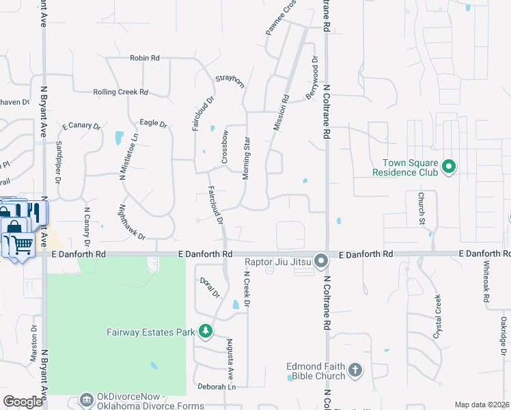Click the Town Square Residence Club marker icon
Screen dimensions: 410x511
point(449,166)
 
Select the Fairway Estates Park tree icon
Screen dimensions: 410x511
point(205,332)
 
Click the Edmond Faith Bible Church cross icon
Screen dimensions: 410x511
point(355,370)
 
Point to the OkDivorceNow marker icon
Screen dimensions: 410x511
point(87,398)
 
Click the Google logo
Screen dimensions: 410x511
point(23,402)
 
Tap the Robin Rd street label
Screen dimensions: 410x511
point(144,59)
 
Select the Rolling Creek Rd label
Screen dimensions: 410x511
point(120,92)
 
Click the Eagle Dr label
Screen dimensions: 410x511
point(153,124)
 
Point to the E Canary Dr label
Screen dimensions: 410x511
point(81,126)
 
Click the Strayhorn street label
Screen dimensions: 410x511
point(230,81)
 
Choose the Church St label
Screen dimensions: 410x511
point(422,209)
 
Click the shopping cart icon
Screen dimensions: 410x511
point(21,243)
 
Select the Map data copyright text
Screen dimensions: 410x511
point(482,405)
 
